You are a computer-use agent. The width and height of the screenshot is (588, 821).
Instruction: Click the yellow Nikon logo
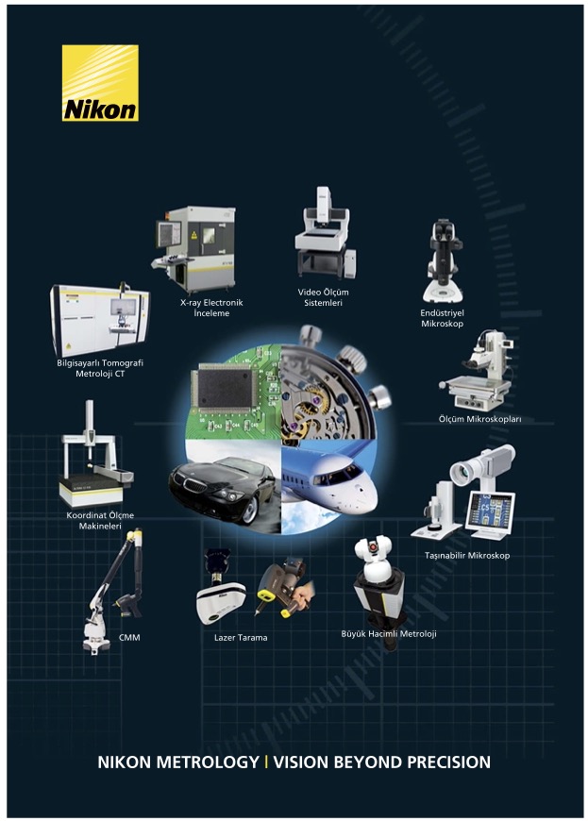tap(101, 83)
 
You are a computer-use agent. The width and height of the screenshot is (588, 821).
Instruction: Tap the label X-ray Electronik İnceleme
tap(211, 308)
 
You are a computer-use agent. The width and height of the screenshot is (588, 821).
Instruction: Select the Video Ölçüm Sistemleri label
tap(323, 297)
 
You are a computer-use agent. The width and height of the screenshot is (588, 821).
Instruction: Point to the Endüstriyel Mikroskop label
tap(442, 318)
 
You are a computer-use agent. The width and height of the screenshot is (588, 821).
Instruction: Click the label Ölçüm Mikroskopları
tap(479, 419)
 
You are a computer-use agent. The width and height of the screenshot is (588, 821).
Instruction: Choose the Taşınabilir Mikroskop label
tap(466, 555)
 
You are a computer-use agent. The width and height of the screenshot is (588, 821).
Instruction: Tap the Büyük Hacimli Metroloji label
tap(389, 633)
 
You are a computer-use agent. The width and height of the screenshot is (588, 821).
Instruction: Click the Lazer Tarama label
tap(241, 637)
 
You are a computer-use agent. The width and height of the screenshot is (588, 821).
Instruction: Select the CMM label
tap(128, 637)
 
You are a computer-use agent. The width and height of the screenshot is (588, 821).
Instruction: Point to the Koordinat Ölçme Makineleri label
tap(100, 521)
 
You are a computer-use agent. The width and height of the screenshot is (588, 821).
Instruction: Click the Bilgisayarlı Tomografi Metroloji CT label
tap(100, 368)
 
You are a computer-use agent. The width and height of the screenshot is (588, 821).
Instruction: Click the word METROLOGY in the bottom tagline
tap(208, 762)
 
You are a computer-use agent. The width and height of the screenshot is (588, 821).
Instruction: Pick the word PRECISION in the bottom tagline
tap(448, 762)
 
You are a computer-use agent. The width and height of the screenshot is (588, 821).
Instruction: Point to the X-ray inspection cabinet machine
tap(194, 249)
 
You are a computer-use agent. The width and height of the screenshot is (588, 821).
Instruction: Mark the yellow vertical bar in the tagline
tap(266, 762)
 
